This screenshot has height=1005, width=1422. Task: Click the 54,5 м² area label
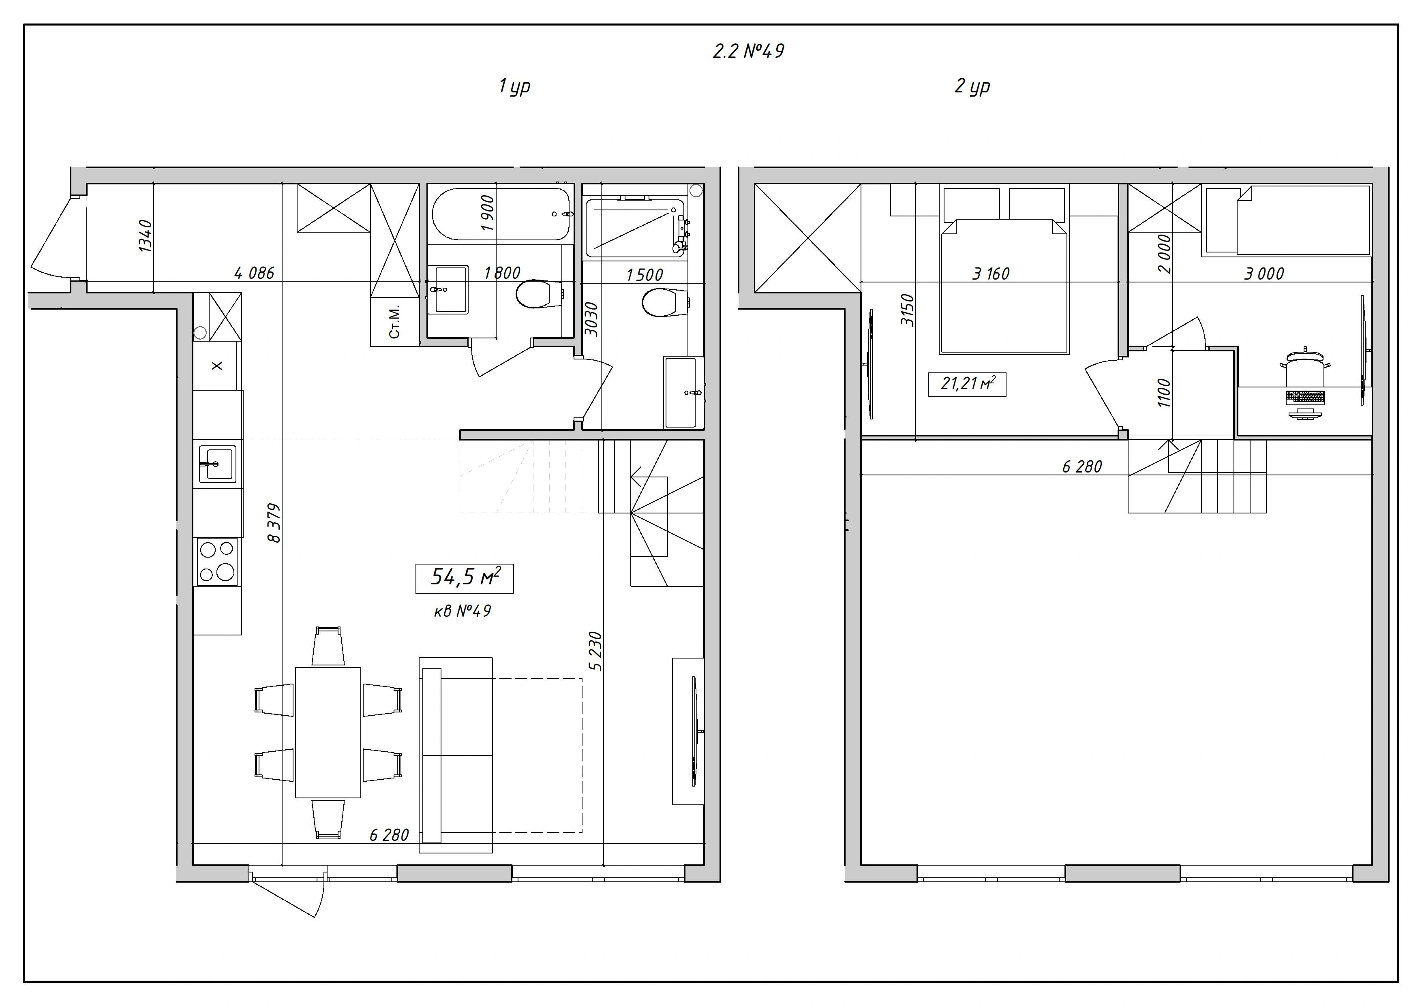click(x=465, y=578)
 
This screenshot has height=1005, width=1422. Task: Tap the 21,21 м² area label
click(x=967, y=385)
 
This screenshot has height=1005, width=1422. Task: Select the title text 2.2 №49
click(x=749, y=51)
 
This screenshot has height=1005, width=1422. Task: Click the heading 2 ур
click(x=972, y=86)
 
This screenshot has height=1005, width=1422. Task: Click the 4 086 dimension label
click(x=254, y=272)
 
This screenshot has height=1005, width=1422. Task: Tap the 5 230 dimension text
click(x=595, y=651)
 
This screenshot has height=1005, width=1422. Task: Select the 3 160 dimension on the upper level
click(x=991, y=273)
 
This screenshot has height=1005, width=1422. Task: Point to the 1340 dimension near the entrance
click(x=145, y=236)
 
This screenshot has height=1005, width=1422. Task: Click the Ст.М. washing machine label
click(x=394, y=321)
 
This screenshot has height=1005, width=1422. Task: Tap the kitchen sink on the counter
click(x=217, y=464)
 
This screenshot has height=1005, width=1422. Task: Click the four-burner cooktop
click(x=217, y=562)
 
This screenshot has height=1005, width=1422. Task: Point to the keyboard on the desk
click(x=1305, y=397)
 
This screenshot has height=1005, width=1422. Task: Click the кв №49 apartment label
click(x=463, y=611)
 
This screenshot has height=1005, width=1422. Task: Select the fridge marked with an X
click(x=217, y=366)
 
